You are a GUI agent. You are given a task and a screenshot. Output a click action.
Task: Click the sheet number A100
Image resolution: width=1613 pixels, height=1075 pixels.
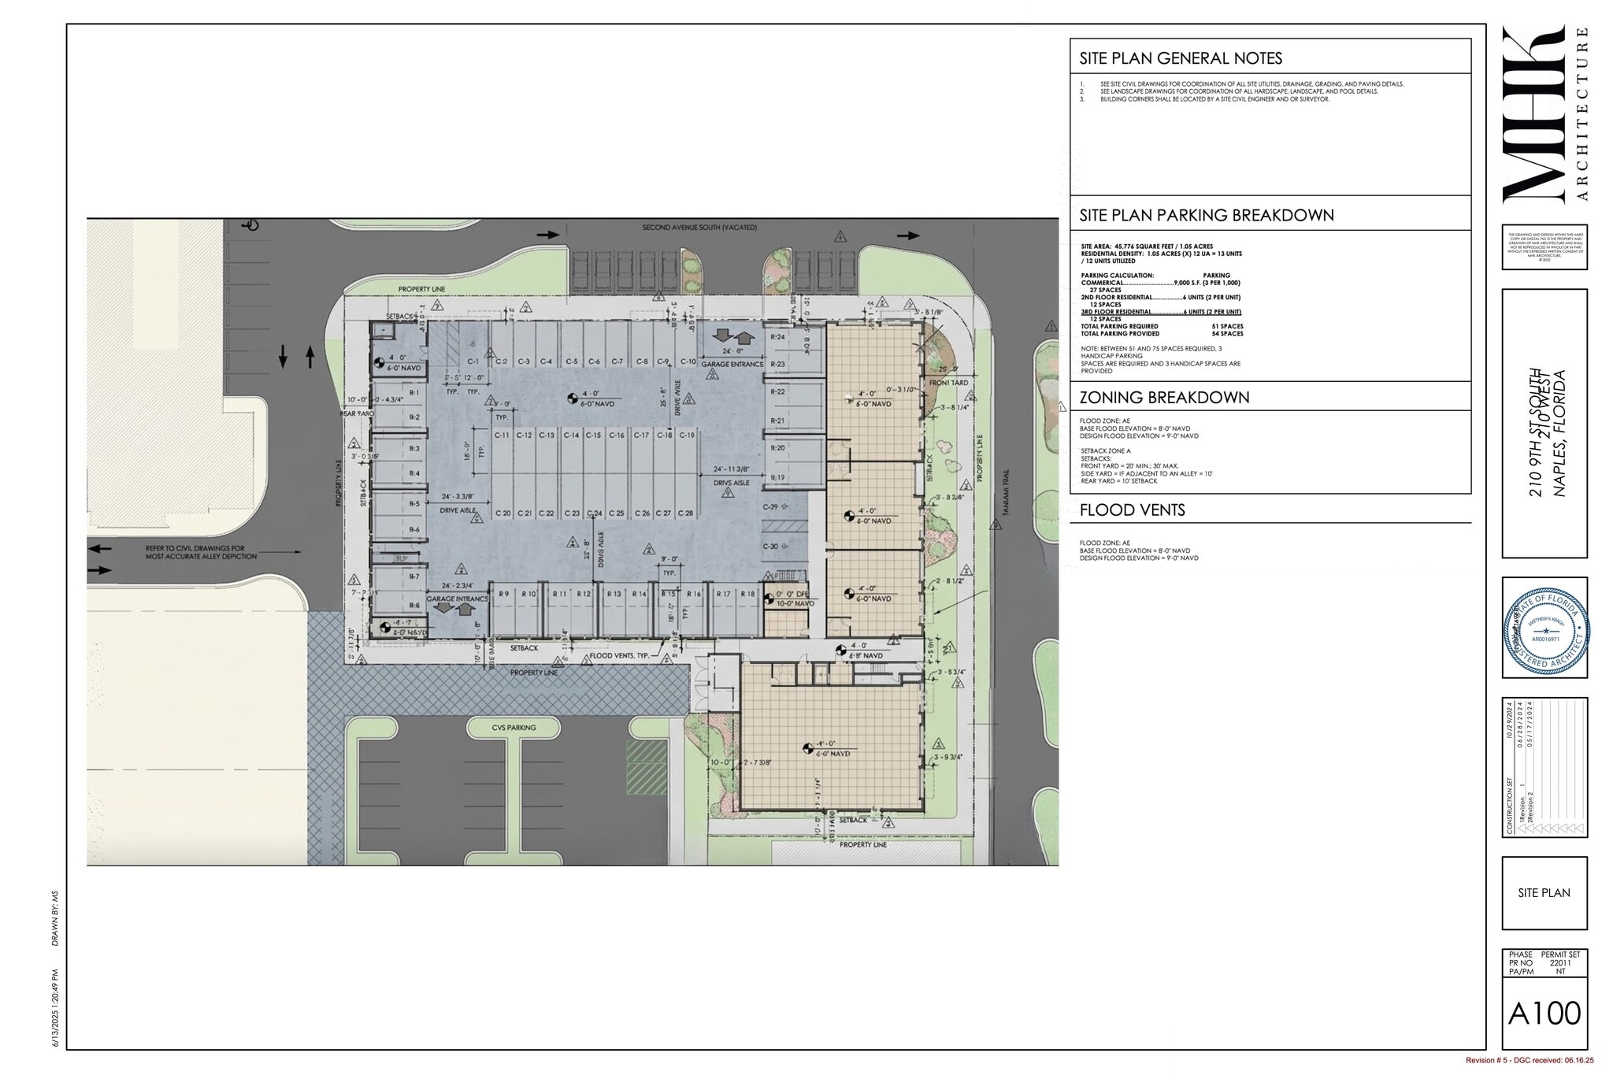coord(1544,1013)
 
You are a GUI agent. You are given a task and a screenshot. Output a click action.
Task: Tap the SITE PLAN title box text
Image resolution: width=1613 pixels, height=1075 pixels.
coord(1544,892)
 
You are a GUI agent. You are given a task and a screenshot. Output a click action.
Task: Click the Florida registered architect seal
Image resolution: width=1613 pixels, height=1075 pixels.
coord(1544,628)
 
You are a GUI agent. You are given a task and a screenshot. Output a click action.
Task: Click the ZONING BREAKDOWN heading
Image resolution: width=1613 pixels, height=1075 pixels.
coord(1164,397)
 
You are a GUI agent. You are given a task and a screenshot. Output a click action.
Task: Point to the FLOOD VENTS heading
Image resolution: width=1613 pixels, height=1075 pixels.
coord(1132,510)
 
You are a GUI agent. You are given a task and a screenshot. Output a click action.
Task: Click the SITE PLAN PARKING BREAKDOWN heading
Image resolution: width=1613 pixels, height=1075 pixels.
coord(1206,215)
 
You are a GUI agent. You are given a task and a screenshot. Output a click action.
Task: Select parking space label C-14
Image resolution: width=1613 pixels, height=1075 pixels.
coord(571,436)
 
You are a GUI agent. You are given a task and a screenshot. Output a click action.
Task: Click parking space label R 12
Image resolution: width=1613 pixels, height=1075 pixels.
coord(583,594)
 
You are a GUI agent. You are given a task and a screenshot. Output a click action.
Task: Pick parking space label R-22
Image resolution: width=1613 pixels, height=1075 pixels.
coord(777,391)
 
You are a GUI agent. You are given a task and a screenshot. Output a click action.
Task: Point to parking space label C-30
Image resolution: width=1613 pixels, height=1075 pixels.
coord(769,547)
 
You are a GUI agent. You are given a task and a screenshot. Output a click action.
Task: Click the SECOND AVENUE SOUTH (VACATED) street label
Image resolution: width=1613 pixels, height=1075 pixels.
coord(699,228)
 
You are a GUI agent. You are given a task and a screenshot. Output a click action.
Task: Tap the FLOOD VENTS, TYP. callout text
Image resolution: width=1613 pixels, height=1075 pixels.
coord(623,655)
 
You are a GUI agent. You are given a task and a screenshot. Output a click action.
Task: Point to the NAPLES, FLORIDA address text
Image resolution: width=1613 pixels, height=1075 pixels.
coord(1559,434)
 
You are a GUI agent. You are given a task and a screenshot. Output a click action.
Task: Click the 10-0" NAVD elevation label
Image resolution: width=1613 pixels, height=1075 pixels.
coord(795,603)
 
